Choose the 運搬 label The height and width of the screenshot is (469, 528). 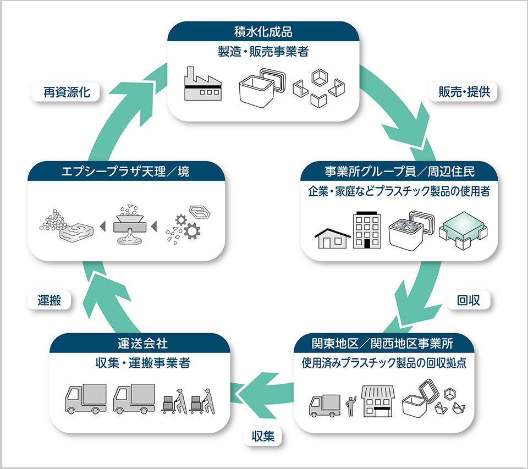[50, 300]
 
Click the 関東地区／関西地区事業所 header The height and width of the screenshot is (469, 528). [382, 344]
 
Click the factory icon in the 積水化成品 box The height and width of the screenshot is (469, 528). [202, 84]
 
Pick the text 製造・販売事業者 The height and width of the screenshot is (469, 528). [263, 52]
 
